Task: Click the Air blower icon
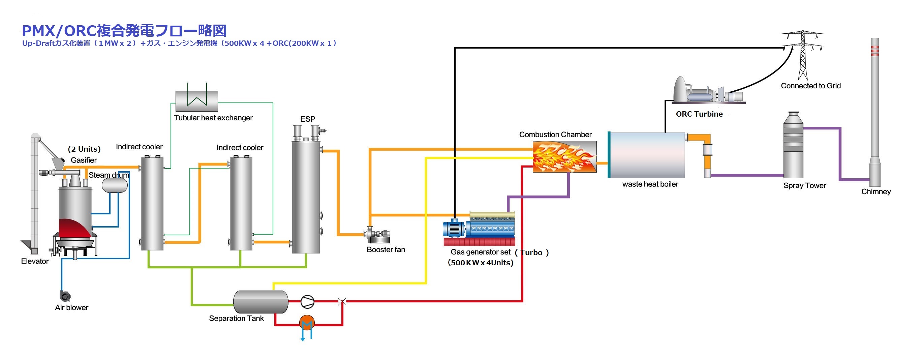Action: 65,296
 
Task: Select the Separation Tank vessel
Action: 261,302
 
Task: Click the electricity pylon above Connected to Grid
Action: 803,54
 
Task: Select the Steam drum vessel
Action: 115,185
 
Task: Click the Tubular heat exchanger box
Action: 196,101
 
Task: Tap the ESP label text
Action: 307,119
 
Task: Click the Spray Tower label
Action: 805,186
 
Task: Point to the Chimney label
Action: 876,192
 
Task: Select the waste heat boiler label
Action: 650,184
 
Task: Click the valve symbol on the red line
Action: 342,302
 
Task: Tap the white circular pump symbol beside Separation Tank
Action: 307,302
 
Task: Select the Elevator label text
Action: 35,261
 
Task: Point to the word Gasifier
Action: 84,160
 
